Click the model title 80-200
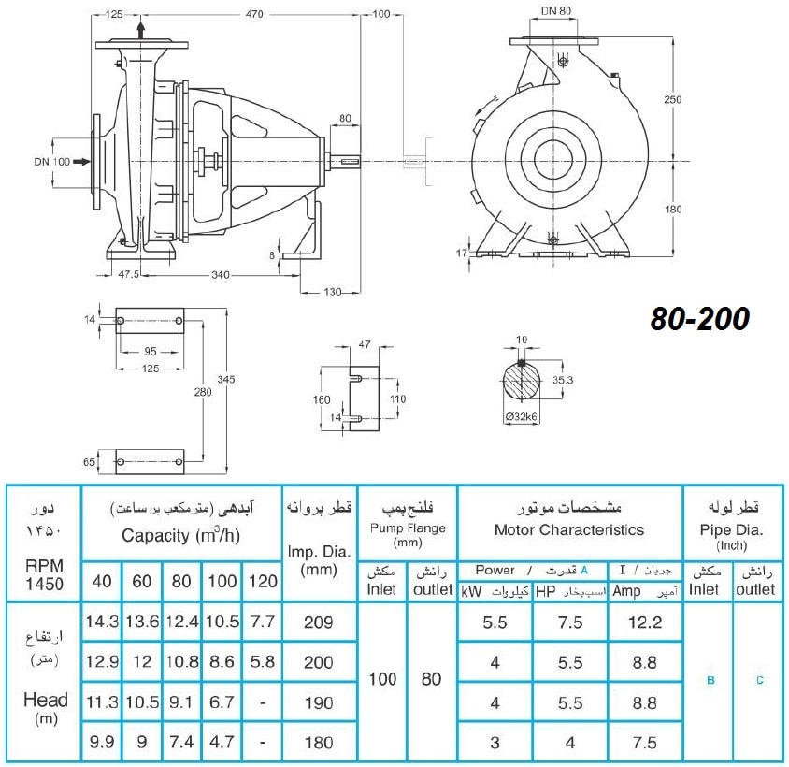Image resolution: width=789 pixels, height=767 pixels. (700, 319)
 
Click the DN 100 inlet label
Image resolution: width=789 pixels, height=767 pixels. (51, 162)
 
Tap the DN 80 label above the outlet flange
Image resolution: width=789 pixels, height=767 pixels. (556, 10)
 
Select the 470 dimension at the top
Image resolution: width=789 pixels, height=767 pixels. (254, 15)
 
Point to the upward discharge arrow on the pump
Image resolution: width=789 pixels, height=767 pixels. (141, 30)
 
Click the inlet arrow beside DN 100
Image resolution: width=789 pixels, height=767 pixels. (81, 162)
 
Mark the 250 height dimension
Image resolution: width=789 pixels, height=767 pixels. (672, 99)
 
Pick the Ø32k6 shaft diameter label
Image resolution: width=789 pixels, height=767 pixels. (522, 417)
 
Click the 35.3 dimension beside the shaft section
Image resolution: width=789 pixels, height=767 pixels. (563, 380)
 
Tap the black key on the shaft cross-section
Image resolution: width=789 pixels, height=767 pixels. (522, 363)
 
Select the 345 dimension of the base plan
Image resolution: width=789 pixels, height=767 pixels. (226, 379)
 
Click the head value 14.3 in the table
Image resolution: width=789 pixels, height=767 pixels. (102, 621)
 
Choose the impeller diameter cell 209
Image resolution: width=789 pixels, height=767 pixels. (319, 622)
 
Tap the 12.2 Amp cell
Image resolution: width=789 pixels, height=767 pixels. (645, 622)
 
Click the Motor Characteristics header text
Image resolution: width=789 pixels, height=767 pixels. (569, 529)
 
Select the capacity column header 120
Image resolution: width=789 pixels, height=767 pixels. (263, 581)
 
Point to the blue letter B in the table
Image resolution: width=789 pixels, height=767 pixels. (710, 680)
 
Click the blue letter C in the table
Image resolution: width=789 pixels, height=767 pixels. (760, 680)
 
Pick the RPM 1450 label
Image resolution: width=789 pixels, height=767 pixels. (44, 574)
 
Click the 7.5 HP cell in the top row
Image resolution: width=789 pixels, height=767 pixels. (570, 622)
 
